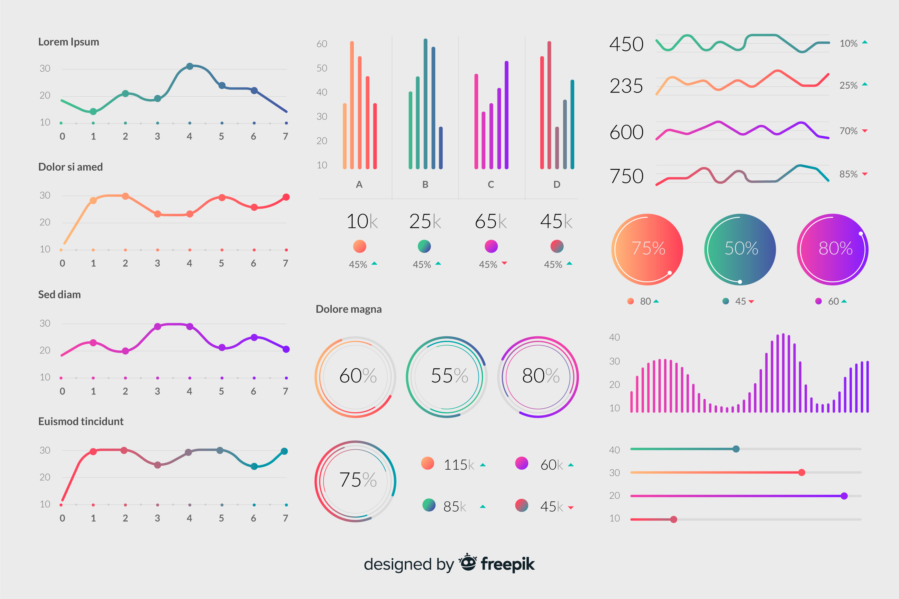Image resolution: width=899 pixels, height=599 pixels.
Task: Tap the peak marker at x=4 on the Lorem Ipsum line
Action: coord(190,66)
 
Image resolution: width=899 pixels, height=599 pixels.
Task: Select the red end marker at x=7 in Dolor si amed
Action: coord(286,197)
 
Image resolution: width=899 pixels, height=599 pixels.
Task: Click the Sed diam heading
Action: coord(59,294)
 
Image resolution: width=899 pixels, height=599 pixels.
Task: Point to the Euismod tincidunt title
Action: coord(81,421)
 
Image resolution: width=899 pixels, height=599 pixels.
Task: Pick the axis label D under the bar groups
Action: coord(556,184)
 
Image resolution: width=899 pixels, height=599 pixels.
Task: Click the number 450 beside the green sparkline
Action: coord(626,44)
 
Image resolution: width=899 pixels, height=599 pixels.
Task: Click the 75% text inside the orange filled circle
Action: coord(648,248)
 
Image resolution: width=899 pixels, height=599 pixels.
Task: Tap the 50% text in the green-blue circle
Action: coord(741,248)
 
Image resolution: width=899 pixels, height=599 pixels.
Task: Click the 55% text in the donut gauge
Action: coord(449,376)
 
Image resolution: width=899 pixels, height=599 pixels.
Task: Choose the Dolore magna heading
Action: coord(349,309)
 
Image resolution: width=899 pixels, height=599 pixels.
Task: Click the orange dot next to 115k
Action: coord(427,463)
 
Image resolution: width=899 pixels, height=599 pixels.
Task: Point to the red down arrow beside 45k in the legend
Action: coord(571,508)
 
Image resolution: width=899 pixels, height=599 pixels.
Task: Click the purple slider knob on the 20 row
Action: coord(844,496)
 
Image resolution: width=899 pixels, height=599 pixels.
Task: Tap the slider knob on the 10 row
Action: coord(673,520)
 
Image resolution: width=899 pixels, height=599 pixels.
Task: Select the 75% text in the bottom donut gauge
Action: coord(358,480)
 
